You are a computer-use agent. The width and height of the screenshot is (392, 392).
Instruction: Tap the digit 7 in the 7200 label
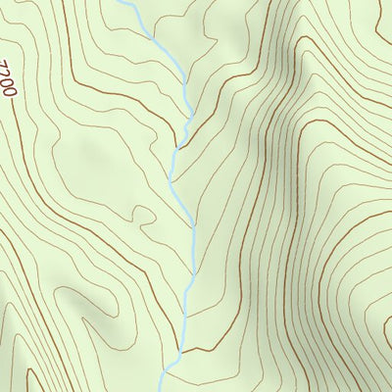(5, 66)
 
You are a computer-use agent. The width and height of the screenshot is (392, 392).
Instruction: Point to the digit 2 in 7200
(8, 74)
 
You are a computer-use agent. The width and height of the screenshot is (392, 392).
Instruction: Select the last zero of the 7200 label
(12, 91)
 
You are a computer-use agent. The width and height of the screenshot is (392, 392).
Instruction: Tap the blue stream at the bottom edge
(165, 387)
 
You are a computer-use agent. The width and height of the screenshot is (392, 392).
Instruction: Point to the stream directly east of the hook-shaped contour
(187, 216)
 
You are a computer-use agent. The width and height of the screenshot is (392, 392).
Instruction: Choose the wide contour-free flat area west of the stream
(88, 157)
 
